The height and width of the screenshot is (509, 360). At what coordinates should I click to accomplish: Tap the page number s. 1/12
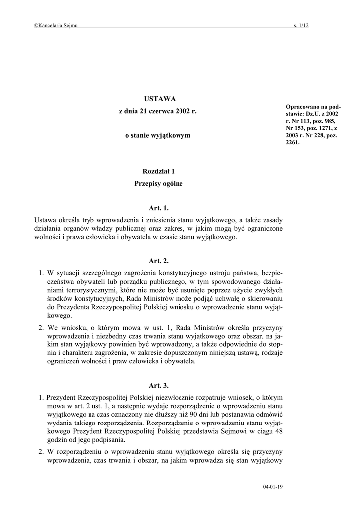tap(301, 26)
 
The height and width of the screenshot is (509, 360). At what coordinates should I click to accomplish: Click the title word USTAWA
tap(158, 99)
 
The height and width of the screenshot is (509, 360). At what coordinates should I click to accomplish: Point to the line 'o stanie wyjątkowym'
tap(158, 135)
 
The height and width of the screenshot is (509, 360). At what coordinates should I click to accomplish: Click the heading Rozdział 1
tap(158, 171)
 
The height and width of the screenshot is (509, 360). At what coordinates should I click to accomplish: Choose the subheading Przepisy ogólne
tap(158, 184)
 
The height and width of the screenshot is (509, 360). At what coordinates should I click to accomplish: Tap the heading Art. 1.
tap(158, 208)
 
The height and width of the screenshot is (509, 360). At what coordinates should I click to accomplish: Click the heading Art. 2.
tap(158, 260)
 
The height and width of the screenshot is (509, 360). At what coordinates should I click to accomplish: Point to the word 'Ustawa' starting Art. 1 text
tap(46, 219)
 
